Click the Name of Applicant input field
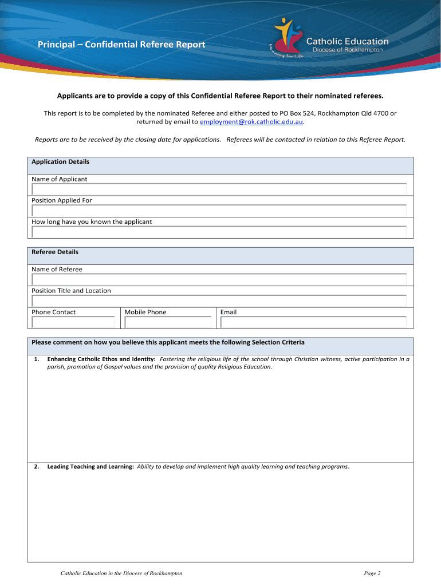point(219,189)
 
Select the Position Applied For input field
point(219,211)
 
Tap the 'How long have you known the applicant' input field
point(219,232)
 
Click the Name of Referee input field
point(219,279)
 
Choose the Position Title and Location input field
point(219,300)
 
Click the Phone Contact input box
point(73,322)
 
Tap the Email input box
point(313,322)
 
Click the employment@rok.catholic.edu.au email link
point(251,122)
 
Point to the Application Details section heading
point(61,162)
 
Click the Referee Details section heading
point(55,252)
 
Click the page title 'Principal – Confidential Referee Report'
point(121,45)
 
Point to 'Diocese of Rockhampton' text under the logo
point(347,50)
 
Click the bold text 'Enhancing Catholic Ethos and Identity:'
point(101,359)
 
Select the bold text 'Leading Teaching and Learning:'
point(90,467)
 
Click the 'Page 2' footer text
point(372,573)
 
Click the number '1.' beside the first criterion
point(36,359)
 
